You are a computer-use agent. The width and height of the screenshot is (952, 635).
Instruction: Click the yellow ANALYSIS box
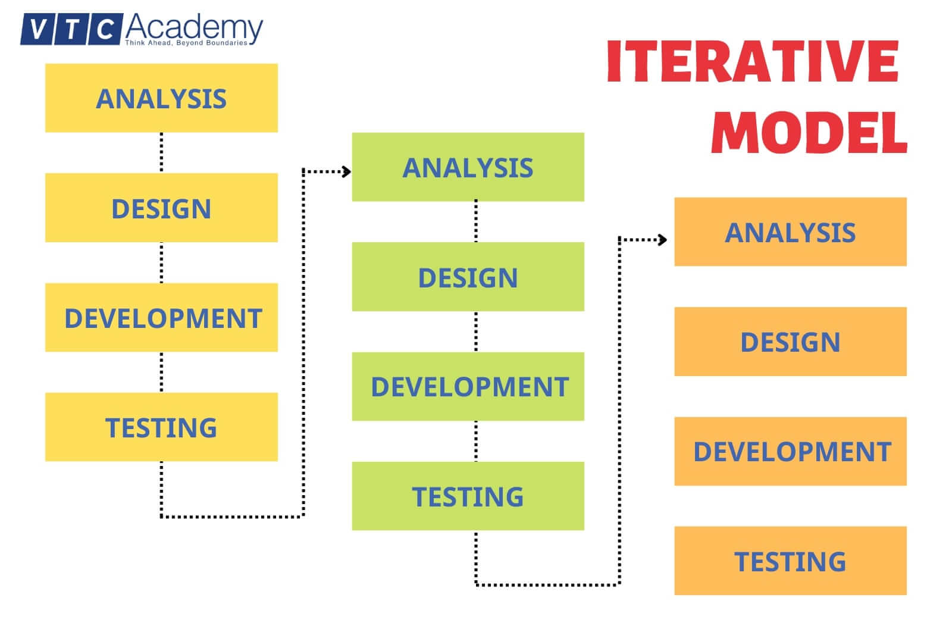[x=161, y=98]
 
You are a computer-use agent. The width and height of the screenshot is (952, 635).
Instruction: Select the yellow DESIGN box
[x=161, y=208]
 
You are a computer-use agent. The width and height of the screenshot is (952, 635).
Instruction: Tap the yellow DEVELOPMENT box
[x=161, y=317]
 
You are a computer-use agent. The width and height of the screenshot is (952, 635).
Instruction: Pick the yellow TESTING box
[x=161, y=427]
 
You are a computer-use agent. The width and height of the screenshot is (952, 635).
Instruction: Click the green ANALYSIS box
[x=468, y=167]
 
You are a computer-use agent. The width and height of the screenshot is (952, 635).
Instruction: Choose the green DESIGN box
[x=468, y=277]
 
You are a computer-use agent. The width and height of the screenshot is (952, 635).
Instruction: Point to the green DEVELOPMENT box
[x=468, y=386]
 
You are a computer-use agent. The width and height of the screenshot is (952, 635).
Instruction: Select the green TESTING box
[x=468, y=496]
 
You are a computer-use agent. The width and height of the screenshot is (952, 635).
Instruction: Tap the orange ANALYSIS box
[x=790, y=232]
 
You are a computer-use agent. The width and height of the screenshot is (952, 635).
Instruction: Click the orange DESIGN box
[x=790, y=342]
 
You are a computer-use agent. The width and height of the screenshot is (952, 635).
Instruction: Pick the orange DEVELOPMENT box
[x=790, y=451]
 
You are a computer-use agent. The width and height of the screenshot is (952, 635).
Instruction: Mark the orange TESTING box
[x=790, y=561]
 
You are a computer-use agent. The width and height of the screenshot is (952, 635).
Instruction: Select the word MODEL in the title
[x=809, y=132]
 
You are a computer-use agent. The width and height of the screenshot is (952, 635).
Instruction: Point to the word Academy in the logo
[x=194, y=27]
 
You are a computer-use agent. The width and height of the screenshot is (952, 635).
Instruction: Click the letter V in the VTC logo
[x=37, y=29]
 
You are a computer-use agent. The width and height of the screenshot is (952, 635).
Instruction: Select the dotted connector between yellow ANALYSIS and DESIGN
[x=161, y=153]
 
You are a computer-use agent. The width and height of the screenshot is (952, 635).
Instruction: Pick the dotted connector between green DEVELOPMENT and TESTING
[x=476, y=441]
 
